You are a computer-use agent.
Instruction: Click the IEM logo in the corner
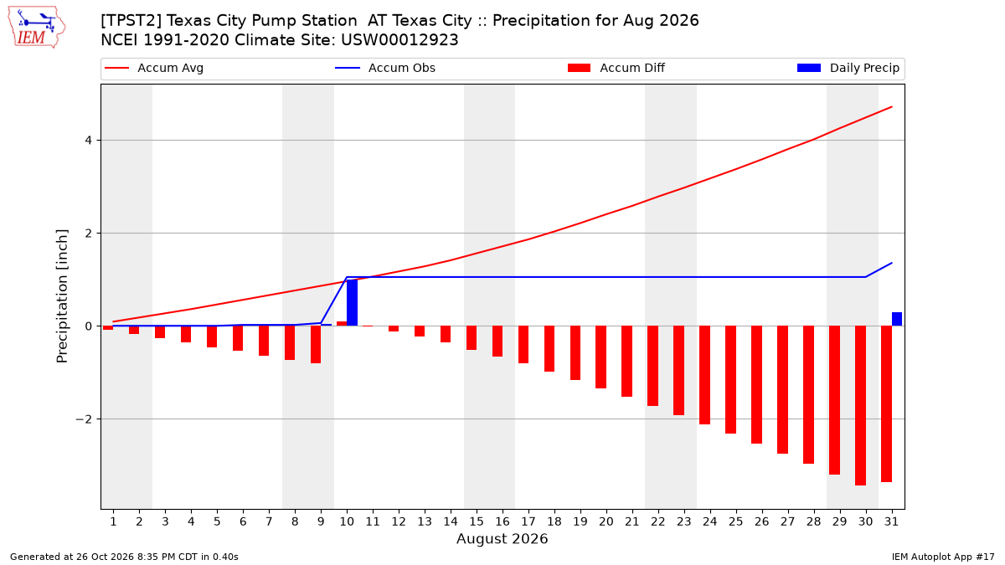tap(36, 28)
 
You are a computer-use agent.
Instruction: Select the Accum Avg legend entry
tap(154, 68)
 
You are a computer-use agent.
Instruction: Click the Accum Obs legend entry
tap(385, 68)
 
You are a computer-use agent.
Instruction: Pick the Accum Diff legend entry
tap(616, 68)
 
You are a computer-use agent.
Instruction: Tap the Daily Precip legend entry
tap(848, 68)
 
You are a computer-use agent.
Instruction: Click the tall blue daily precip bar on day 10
tap(353, 303)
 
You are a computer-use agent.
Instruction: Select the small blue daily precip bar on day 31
tap(897, 319)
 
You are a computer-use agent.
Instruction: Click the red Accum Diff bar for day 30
tap(861, 405)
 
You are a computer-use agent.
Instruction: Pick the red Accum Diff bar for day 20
tap(600, 357)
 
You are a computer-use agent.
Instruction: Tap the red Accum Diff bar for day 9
tap(316, 344)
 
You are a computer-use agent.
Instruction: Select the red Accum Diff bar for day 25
tap(731, 379)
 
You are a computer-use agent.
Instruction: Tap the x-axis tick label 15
tap(477, 521)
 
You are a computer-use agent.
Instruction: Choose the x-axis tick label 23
tap(683, 521)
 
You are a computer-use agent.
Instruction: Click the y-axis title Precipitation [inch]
tap(62, 296)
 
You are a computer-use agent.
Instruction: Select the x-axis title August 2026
tap(502, 538)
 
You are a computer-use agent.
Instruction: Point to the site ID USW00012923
tap(399, 40)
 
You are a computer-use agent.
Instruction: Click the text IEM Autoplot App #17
tap(943, 557)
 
